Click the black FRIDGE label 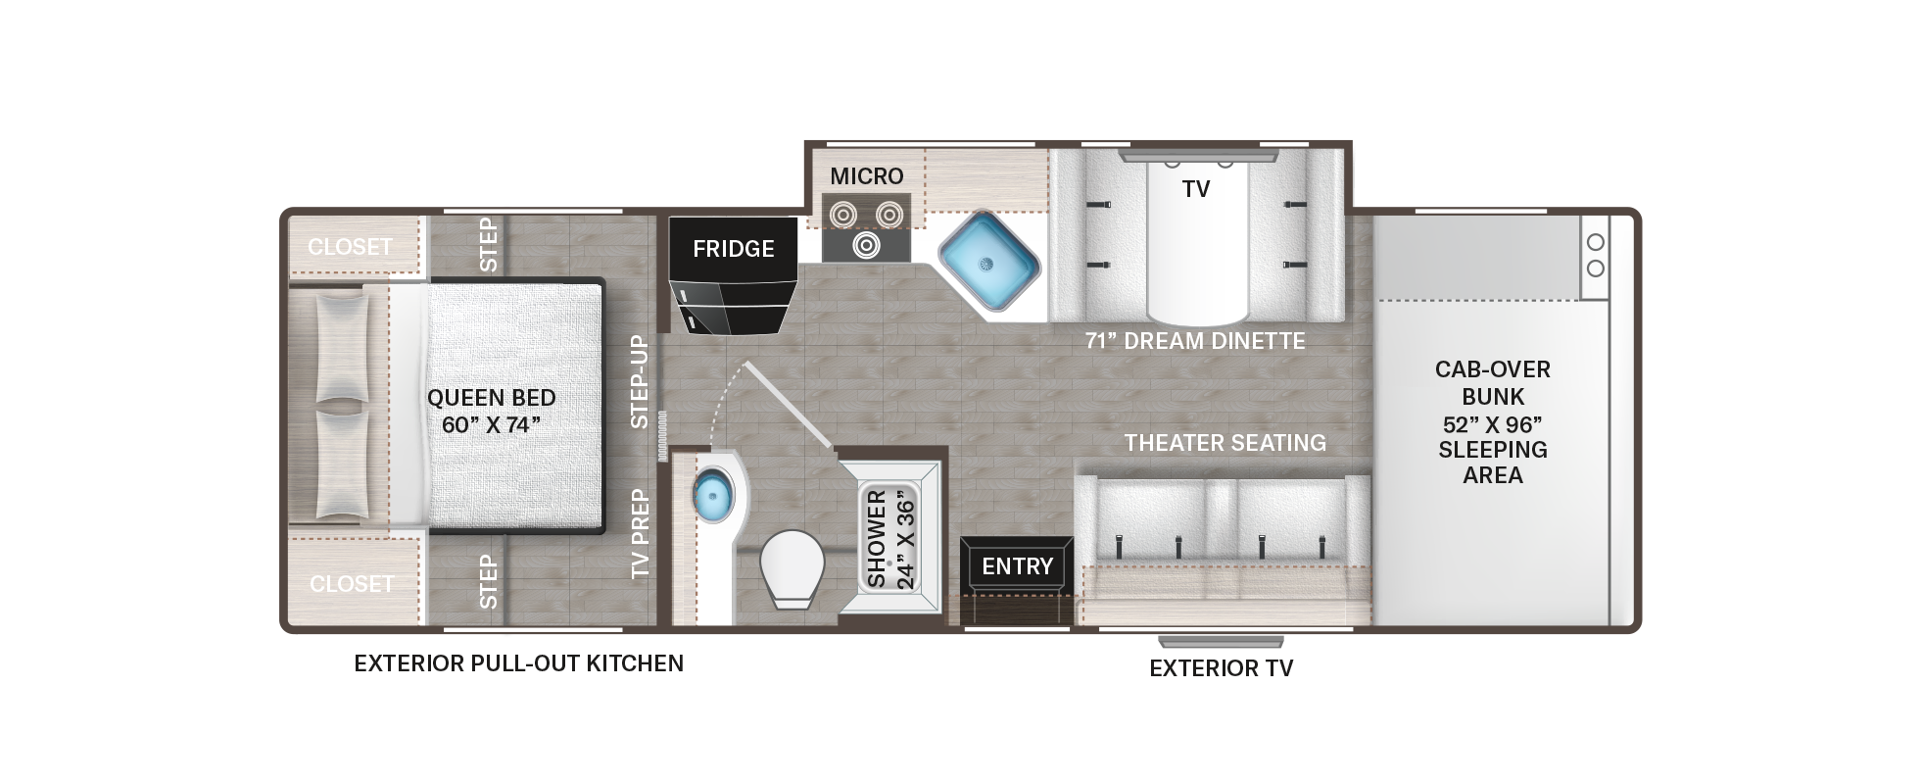733,249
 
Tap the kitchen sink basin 988,263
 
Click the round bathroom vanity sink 712,496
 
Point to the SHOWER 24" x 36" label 890,539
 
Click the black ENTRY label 1018,565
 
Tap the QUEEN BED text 492,398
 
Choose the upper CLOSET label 351,247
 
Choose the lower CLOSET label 352,584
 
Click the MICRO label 867,176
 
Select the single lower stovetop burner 866,244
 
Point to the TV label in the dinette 1196,189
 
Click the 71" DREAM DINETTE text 1195,341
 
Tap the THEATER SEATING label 1225,443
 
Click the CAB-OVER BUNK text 1493,383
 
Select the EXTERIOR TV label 1222,668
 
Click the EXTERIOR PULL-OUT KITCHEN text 519,663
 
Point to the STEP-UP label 640,382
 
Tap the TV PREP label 640,533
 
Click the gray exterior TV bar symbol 1221,643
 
